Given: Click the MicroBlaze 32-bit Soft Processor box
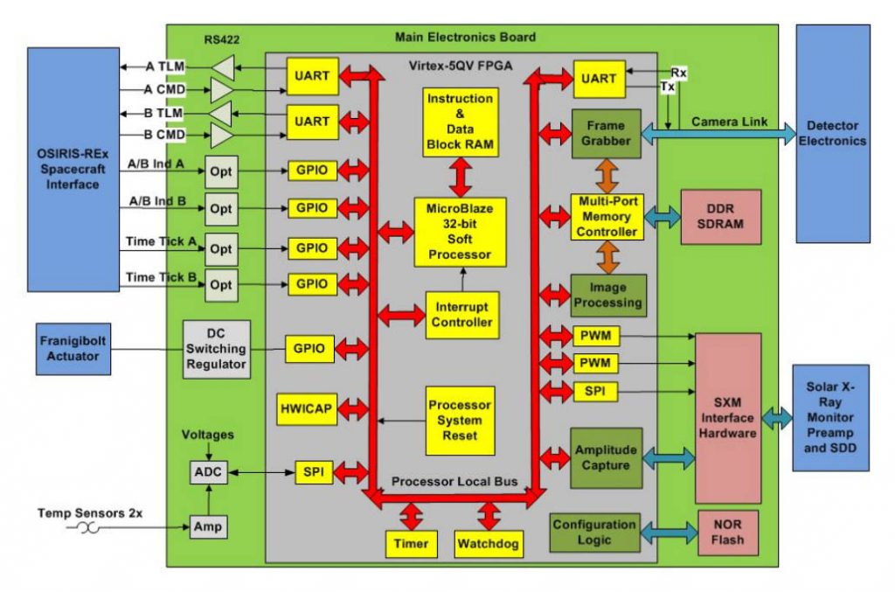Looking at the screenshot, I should pos(459,230).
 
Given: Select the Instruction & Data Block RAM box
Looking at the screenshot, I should pos(461,122).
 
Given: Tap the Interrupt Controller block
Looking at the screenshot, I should pos(460,315).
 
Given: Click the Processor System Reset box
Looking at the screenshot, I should pos(460,420).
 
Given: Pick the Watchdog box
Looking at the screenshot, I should pos(489,544).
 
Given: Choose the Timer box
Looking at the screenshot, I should pos(411,544).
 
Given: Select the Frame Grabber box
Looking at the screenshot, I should pos(607,133).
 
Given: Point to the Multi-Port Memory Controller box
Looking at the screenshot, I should pos(607,216).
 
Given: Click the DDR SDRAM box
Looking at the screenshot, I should pos(721,216).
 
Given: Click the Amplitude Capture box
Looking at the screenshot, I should pos(607,456).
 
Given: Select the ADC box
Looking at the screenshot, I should pos(208,471).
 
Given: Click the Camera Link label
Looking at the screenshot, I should pos(730,122).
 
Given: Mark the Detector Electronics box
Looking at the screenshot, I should pos(833,133).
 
